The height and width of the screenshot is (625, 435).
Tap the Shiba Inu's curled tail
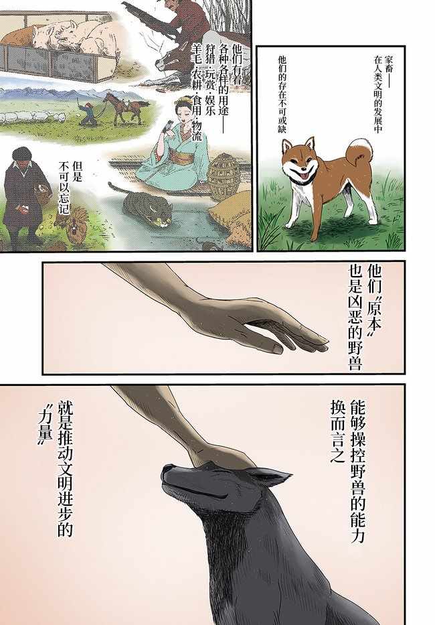[360, 150]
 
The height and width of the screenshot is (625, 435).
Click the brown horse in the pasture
[126, 108]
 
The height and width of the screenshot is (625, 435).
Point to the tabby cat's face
[161, 217]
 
